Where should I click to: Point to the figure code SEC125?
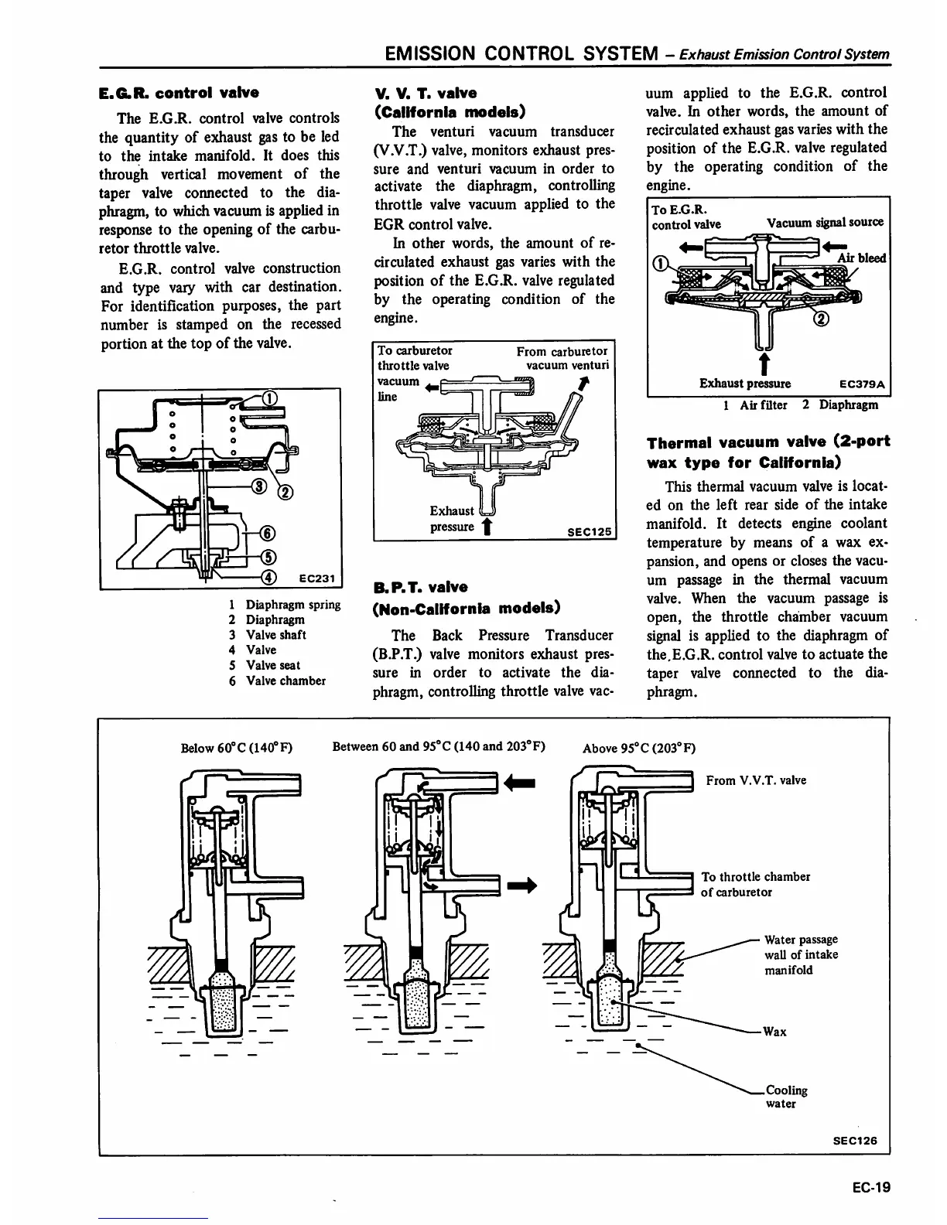pos(589,531)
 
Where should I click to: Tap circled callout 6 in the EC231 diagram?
pos(268,532)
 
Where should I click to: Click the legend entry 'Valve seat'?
pos(272,665)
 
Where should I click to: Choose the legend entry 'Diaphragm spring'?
pos(292,605)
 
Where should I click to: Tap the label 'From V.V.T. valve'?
pos(756,780)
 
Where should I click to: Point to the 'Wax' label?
pos(774,1032)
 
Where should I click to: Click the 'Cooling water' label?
pos(785,1097)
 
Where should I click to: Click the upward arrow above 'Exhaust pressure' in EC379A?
pos(764,363)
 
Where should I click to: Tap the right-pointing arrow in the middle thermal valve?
pos(521,885)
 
